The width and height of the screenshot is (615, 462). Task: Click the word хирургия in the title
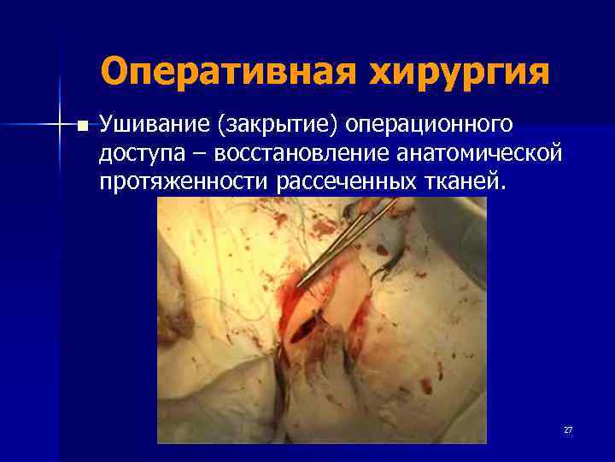[x=460, y=71]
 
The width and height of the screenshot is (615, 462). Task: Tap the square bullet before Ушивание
[x=82, y=127]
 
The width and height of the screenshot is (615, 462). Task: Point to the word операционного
[x=431, y=126]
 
